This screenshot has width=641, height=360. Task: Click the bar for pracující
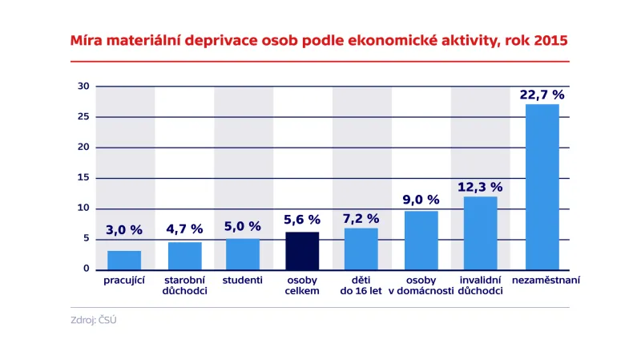tap(124, 260)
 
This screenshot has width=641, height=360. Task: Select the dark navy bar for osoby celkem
tap(302, 250)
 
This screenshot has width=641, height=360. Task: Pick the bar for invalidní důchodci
tap(480, 233)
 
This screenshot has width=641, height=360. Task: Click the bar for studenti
tap(243, 253)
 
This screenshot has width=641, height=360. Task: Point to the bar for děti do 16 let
tap(361, 249)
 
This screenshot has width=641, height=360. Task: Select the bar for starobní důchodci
tap(184, 255)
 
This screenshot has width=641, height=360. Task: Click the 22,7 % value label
tap(542, 95)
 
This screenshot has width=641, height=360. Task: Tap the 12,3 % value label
tap(480, 187)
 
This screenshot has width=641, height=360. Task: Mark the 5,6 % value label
tap(302, 220)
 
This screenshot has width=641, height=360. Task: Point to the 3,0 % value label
tap(124, 230)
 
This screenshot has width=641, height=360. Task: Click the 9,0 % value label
tap(421, 200)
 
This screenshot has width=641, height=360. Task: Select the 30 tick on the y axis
tap(83, 87)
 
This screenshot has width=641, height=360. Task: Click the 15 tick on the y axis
tap(83, 178)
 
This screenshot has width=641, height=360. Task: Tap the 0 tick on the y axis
tap(87, 269)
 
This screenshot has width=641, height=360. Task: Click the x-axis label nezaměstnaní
tap(542, 281)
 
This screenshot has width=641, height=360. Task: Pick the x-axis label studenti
tap(243, 281)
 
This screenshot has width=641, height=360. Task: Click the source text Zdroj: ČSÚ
tap(94, 321)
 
